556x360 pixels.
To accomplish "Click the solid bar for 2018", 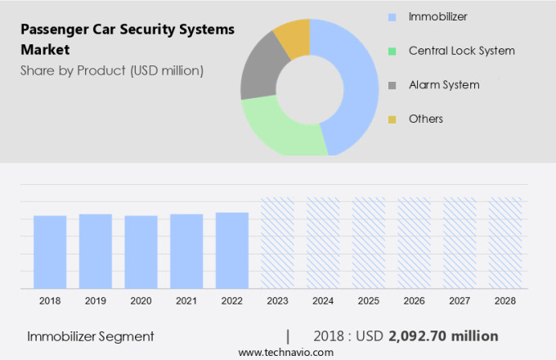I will [x=50, y=251].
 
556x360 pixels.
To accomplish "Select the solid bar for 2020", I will [x=141, y=251].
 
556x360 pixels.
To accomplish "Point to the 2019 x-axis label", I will [x=95, y=301].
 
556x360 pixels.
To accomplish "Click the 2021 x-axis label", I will [x=186, y=301].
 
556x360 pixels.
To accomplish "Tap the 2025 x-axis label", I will [x=369, y=301].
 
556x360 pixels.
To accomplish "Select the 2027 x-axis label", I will [x=460, y=301].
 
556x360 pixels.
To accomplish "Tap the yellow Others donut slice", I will [x=293, y=36].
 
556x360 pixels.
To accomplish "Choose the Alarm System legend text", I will [x=444, y=85].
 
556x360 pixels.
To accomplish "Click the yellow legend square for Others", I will [x=392, y=119].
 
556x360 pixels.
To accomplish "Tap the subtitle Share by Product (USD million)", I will [x=112, y=70].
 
